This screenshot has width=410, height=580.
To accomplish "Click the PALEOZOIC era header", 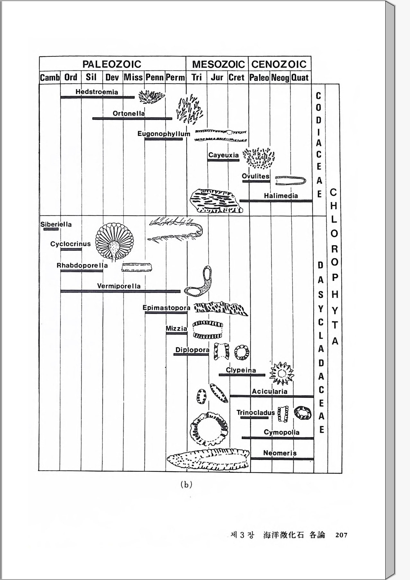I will [112, 64].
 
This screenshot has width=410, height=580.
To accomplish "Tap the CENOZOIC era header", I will [279, 64].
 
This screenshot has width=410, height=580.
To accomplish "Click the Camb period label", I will [50, 78].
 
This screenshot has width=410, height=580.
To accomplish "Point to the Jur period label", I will [217, 77].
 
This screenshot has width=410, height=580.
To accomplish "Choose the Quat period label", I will [300, 78].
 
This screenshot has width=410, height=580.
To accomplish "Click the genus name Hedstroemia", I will [97, 92].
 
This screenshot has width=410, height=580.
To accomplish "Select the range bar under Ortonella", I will [132, 119].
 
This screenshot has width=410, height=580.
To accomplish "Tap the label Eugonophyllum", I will [164, 134].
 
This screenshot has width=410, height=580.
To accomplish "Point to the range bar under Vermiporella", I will [120, 291].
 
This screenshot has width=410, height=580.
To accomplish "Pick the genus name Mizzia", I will [176, 329].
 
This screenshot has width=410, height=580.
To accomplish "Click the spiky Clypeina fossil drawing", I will [281, 373].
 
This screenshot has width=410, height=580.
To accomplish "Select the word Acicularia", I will [270, 391].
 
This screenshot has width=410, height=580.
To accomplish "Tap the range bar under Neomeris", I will [282, 459].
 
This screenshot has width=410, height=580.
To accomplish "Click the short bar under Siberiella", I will [51, 229].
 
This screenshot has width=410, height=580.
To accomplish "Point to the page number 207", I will [341, 535].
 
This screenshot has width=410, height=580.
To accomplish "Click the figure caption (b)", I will [186, 485].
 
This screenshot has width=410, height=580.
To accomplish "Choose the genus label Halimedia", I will [281, 196].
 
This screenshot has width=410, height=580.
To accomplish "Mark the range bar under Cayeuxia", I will [223, 160].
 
